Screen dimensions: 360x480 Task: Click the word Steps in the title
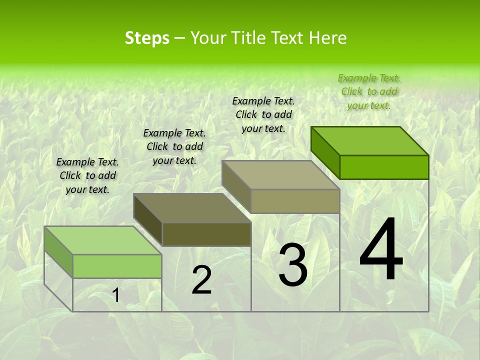click(x=147, y=38)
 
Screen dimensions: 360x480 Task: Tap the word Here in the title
click(x=327, y=38)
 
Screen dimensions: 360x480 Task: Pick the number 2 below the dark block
click(x=201, y=280)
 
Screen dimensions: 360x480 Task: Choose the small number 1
click(x=116, y=295)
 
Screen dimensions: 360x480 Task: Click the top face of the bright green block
click(x=370, y=140)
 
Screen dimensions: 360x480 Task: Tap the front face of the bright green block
click(x=384, y=167)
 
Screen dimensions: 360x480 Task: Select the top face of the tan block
click(x=281, y=175)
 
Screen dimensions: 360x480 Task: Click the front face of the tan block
click(x=295, y=201)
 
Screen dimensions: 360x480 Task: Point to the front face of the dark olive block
click(x=206, y=234)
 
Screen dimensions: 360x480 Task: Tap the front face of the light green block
click(x=117, y=266)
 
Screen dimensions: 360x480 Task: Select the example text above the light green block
click(x=87, y=176)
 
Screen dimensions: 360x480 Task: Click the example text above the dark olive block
click(x=174, y=147)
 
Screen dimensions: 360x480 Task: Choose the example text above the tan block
click(x=263, y=114)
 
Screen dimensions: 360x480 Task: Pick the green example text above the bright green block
click(x=369, y=91)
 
